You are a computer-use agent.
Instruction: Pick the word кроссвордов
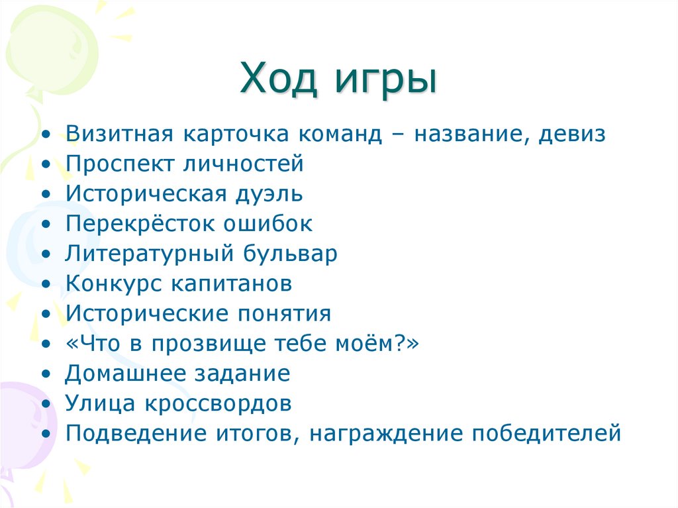tap(228, 403)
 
